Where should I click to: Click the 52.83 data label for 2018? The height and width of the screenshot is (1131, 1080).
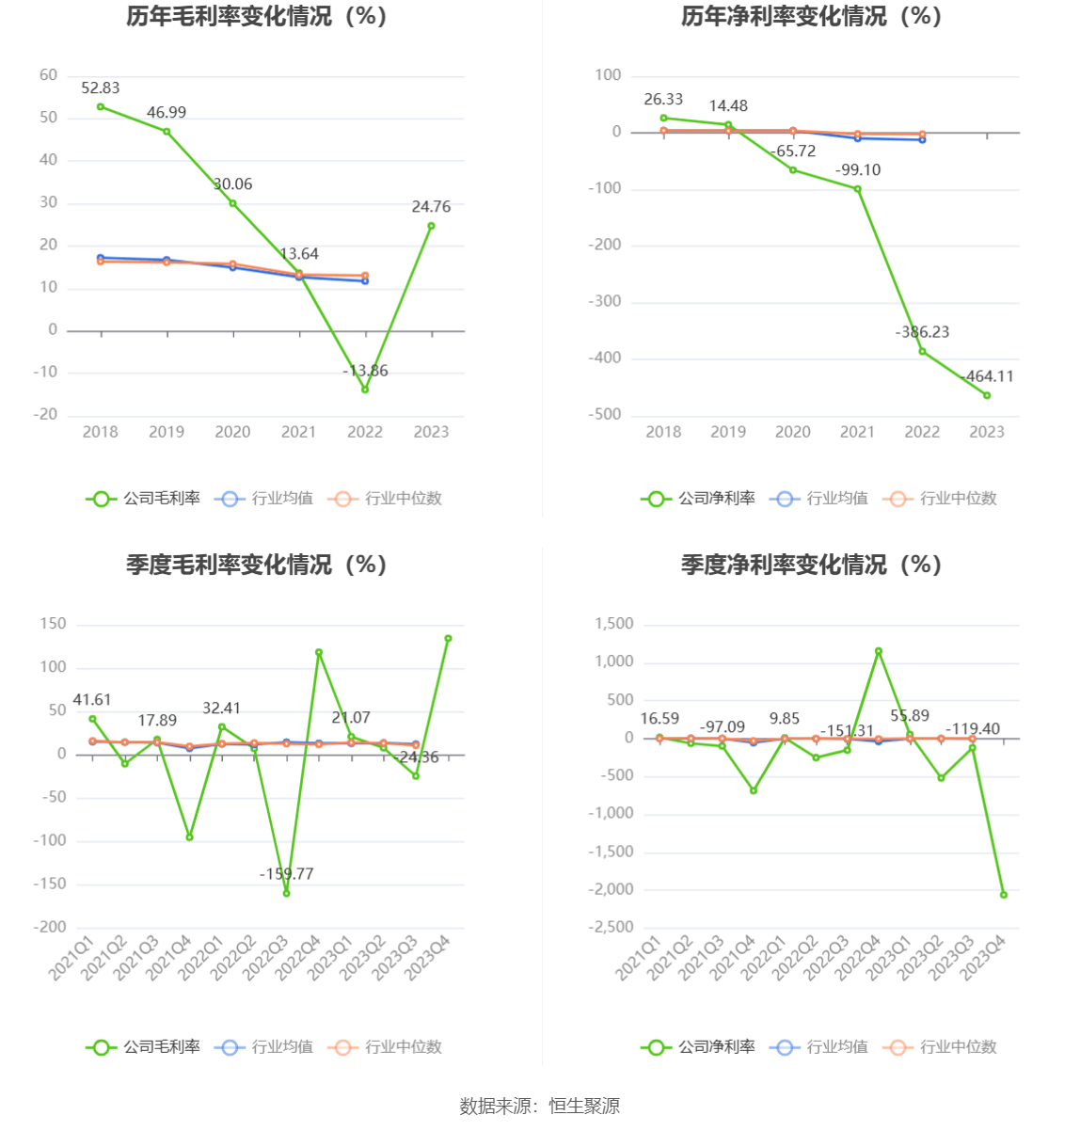101,88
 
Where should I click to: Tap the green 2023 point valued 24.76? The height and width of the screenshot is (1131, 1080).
431,226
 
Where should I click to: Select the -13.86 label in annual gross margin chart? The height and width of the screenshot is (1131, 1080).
366,371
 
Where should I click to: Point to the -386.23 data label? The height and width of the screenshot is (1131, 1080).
922,332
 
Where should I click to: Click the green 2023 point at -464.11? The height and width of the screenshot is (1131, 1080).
987,395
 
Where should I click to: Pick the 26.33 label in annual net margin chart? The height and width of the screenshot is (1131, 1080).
663,100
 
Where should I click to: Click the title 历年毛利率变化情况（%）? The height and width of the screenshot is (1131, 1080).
257,17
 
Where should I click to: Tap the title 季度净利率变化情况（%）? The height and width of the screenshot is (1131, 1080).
811,565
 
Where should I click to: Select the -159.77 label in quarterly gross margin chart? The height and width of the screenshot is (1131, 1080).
287,874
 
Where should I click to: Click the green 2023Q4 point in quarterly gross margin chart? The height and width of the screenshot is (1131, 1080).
448,639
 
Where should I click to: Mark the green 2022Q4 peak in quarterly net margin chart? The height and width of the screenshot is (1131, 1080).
879,651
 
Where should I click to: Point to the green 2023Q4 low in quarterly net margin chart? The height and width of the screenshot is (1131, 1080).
1004,895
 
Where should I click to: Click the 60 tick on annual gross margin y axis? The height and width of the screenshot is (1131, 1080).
48,75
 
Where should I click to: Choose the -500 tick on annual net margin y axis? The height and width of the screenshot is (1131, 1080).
605,415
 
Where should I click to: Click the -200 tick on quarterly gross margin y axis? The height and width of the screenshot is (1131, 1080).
50,928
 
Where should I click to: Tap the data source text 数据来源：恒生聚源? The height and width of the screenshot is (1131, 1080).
540,1107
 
